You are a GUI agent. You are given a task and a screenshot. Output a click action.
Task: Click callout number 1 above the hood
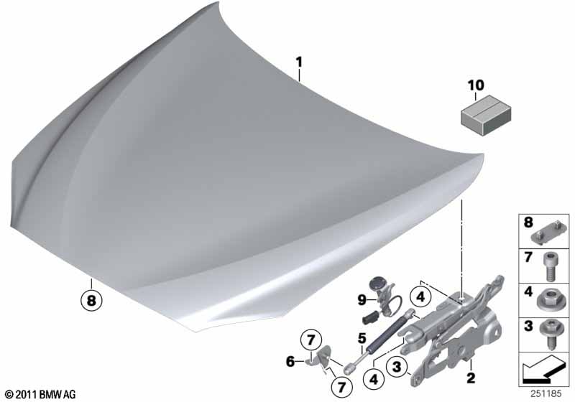click(300, 62)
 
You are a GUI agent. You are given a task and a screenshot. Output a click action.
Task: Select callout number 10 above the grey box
click(476, 85)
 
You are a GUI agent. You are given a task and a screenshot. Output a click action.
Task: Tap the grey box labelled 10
click(486, 115)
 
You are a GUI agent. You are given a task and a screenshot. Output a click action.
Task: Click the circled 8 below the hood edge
click(91, 301)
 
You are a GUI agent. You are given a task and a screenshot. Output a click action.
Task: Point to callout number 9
click(362, 300)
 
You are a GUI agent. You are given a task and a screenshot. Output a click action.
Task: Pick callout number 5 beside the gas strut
click(290, 362)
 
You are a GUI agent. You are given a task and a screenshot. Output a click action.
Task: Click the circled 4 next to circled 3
click(374, 379)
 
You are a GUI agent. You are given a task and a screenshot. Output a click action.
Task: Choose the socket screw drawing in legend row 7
click(549, 266)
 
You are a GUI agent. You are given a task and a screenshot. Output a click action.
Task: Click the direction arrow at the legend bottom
click(544, 369)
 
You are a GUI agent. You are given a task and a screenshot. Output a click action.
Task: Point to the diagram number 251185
click(546, 394)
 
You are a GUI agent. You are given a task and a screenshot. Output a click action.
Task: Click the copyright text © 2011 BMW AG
click(40, 394)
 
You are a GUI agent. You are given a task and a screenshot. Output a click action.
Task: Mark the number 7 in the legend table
click(528, 258)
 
